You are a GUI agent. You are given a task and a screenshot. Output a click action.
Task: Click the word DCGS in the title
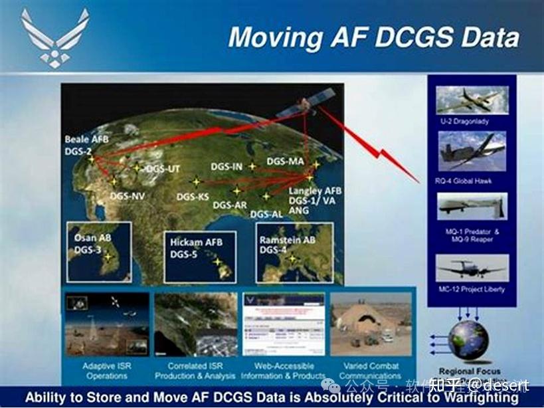coord(407,37)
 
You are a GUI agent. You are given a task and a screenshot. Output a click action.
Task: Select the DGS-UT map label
coord(162,169)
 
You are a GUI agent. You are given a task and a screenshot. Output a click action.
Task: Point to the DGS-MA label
coord(286,161)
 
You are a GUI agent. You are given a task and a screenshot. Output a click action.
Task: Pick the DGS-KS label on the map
coord(193,197)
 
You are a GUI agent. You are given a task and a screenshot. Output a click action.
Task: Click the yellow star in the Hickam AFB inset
coord(217,262)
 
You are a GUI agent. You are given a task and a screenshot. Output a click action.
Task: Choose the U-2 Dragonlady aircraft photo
coord(472,99)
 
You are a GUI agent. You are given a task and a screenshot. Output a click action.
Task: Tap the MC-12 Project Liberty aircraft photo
coord(472,268)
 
